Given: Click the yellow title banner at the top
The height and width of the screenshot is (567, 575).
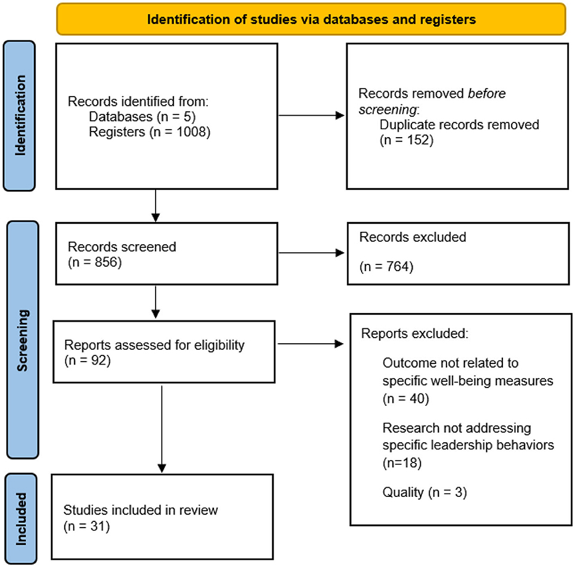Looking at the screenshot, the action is (311, 19).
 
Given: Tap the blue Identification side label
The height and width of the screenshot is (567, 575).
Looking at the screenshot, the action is (20, 116).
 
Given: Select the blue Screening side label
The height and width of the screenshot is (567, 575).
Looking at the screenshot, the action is (23, 339).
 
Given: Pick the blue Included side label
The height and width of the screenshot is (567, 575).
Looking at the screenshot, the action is (21, 518).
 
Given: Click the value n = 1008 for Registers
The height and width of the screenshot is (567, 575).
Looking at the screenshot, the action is (180, 132).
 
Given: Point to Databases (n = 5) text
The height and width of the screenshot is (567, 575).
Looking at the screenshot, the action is (142, 117).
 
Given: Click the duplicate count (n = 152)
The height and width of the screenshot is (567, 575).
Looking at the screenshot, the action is (406, 140).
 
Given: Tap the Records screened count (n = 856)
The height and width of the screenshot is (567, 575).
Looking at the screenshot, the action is (95, 262).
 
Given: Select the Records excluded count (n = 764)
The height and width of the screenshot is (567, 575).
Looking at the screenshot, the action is (386, 267).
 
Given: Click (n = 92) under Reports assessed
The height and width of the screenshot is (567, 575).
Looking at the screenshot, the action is (87, 360).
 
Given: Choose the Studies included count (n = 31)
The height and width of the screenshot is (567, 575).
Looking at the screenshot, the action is (87, 526).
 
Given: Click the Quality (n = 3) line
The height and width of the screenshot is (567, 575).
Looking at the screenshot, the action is (425, 492).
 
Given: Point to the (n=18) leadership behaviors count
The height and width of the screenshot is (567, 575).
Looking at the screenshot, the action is (402, 463).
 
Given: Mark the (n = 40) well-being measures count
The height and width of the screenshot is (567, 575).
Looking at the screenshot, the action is (406, 398).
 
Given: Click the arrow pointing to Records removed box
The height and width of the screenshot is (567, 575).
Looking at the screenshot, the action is (311, 116).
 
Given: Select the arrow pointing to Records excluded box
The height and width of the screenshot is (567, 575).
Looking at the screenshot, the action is (311, 253).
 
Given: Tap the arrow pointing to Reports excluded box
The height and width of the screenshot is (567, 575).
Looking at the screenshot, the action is (311, 344).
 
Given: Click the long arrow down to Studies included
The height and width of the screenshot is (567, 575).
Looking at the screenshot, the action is (162, 429).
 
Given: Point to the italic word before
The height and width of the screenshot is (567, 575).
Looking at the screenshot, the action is (486, 93).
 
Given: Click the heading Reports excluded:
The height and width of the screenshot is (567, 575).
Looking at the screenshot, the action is (414, 334).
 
